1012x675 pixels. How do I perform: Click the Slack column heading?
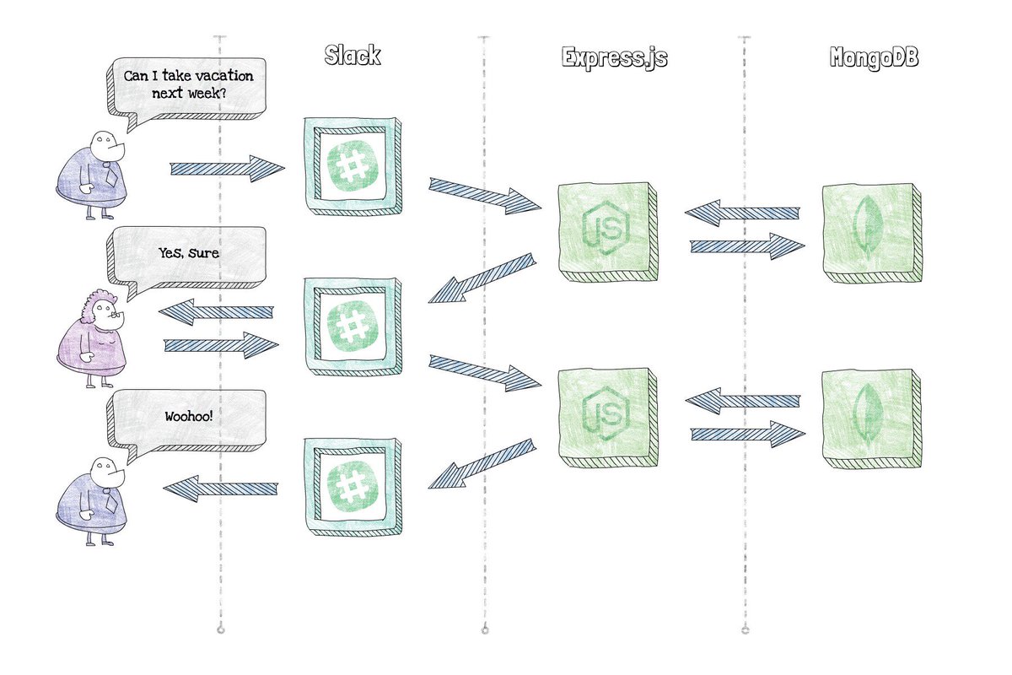pos(353,57)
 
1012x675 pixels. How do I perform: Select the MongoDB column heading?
pos(873,58)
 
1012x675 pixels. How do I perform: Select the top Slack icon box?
pos(353,166)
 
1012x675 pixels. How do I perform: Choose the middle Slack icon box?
pos(353,328)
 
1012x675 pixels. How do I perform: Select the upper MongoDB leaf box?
pos(869,229)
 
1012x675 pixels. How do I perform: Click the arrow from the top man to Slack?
pos(227,169)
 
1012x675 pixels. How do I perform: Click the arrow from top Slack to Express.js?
pos(484,196)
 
